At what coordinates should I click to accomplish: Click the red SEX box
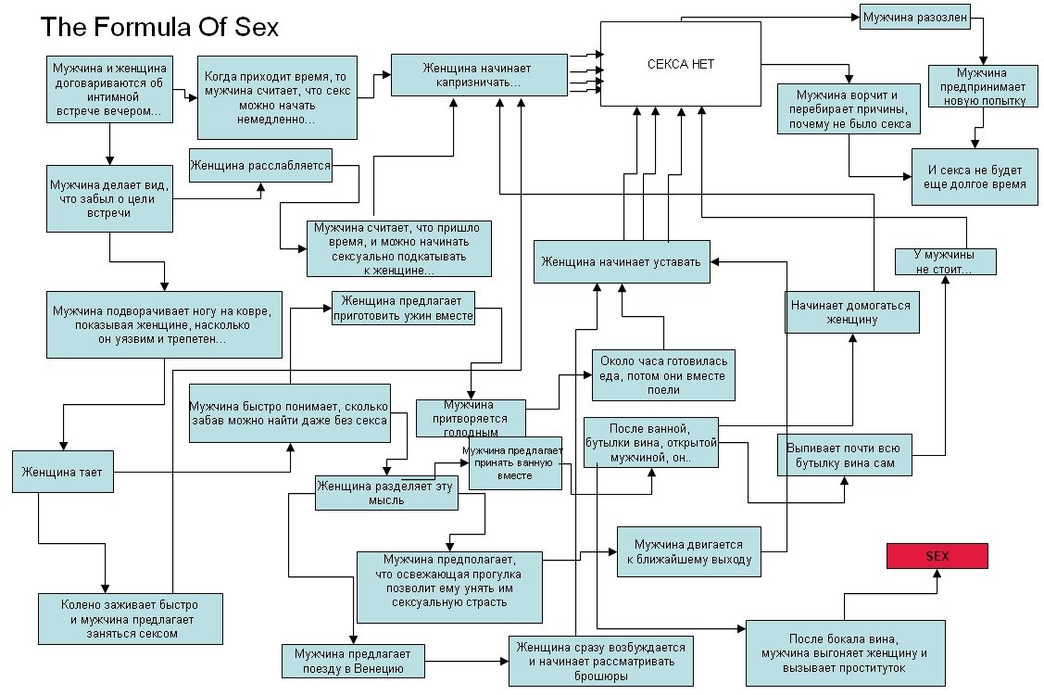937,555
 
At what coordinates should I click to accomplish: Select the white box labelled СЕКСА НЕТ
681,64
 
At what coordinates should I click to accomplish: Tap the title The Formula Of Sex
159,27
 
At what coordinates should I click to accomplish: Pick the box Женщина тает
62,473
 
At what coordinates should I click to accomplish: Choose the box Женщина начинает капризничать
479,75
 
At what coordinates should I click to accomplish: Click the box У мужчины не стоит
944,262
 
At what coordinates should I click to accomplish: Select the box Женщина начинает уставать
623,261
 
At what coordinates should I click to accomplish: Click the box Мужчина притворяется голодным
471,416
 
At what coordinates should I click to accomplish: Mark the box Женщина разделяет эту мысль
386,492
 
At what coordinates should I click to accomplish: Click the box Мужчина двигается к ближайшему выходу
690,551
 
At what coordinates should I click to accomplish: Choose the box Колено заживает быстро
130,618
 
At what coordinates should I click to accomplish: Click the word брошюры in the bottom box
602,676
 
